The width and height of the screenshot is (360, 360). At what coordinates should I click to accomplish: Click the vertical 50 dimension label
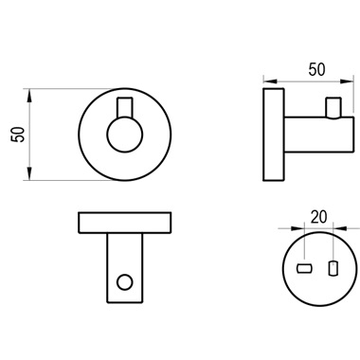point(17,135)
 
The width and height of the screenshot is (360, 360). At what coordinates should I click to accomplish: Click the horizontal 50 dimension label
point(316,69)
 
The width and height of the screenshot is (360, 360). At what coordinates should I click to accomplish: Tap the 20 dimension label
point(318,217)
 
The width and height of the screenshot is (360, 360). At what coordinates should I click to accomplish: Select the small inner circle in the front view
point(125,135)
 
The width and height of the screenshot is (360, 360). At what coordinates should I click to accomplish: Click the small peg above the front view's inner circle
point(125,107)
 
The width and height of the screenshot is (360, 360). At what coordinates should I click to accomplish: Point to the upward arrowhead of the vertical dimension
point(29,96)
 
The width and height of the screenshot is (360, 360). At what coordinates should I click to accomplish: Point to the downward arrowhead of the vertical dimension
point(29,173)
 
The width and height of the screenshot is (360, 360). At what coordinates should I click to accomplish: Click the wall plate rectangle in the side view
point(274,135)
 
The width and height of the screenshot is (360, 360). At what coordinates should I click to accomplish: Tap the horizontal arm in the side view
point(319,135)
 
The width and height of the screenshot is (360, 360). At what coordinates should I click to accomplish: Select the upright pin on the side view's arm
point(333,108)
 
